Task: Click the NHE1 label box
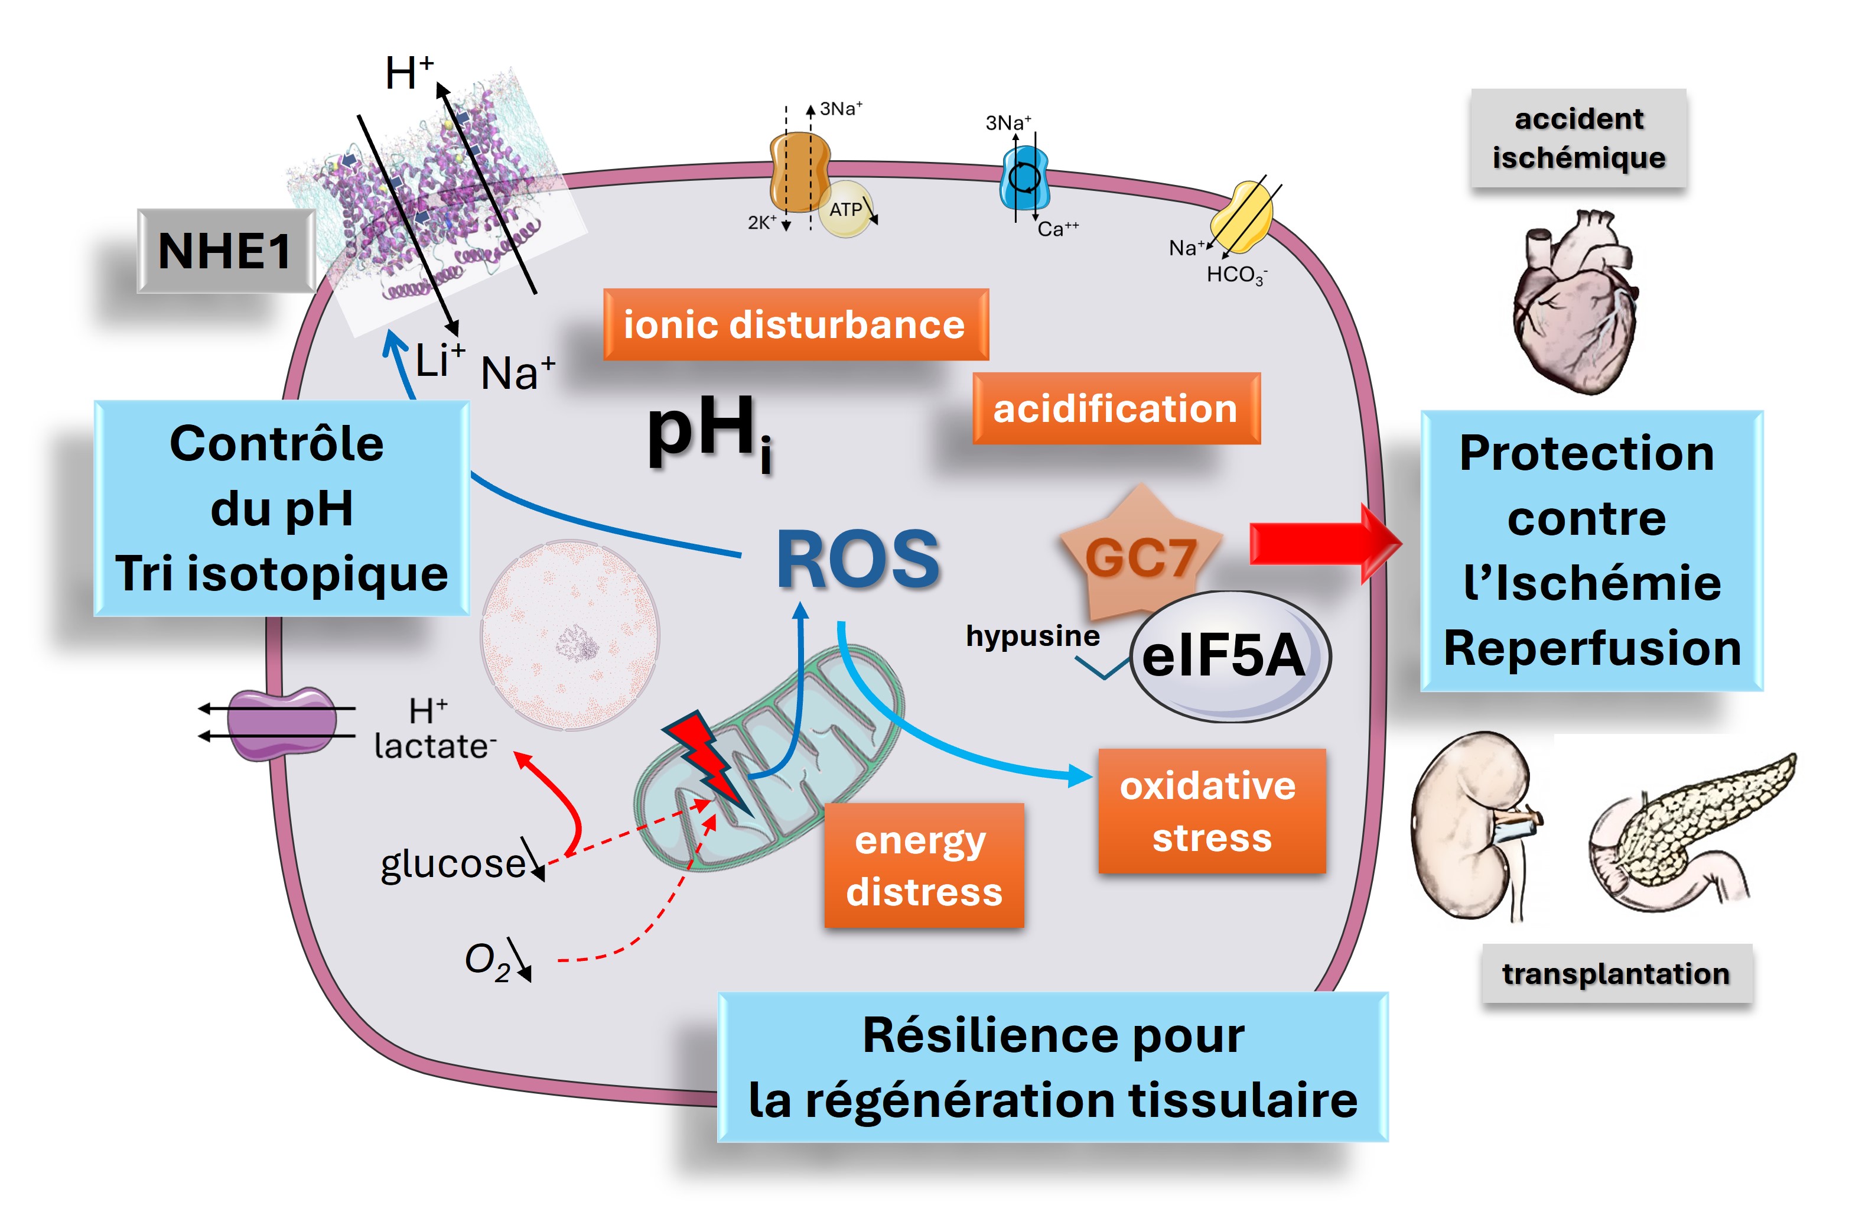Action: coord(225,251)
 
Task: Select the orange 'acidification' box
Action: coord(1115,408)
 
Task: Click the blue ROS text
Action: coord(858,559)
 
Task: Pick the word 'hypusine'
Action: coord(1032,635)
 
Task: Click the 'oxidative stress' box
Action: coord(1210,811)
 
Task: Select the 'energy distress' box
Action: coord(924,865)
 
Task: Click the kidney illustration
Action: coord(1467,824)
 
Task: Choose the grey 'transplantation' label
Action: coord(1615,973)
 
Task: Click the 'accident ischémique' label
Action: coord(1578,138)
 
